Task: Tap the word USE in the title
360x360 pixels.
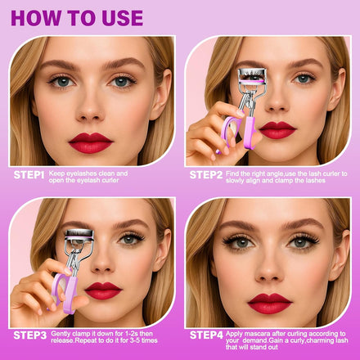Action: [122, 18]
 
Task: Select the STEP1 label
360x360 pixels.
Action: [29, 175]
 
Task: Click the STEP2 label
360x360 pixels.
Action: [206, 175]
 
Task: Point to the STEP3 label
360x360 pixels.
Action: [30, 335]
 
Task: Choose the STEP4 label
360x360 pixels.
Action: [206, 335]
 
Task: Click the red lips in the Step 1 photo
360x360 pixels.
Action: [91, 143]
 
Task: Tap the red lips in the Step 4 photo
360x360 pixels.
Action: [269, 304]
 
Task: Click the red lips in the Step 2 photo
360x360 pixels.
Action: [277, 130]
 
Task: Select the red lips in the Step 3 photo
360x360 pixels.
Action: [103, 290]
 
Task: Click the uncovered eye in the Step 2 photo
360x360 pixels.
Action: [304, 79]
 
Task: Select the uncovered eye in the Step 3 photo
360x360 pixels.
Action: [131, 239]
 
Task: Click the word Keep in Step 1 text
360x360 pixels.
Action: [57, 173]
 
